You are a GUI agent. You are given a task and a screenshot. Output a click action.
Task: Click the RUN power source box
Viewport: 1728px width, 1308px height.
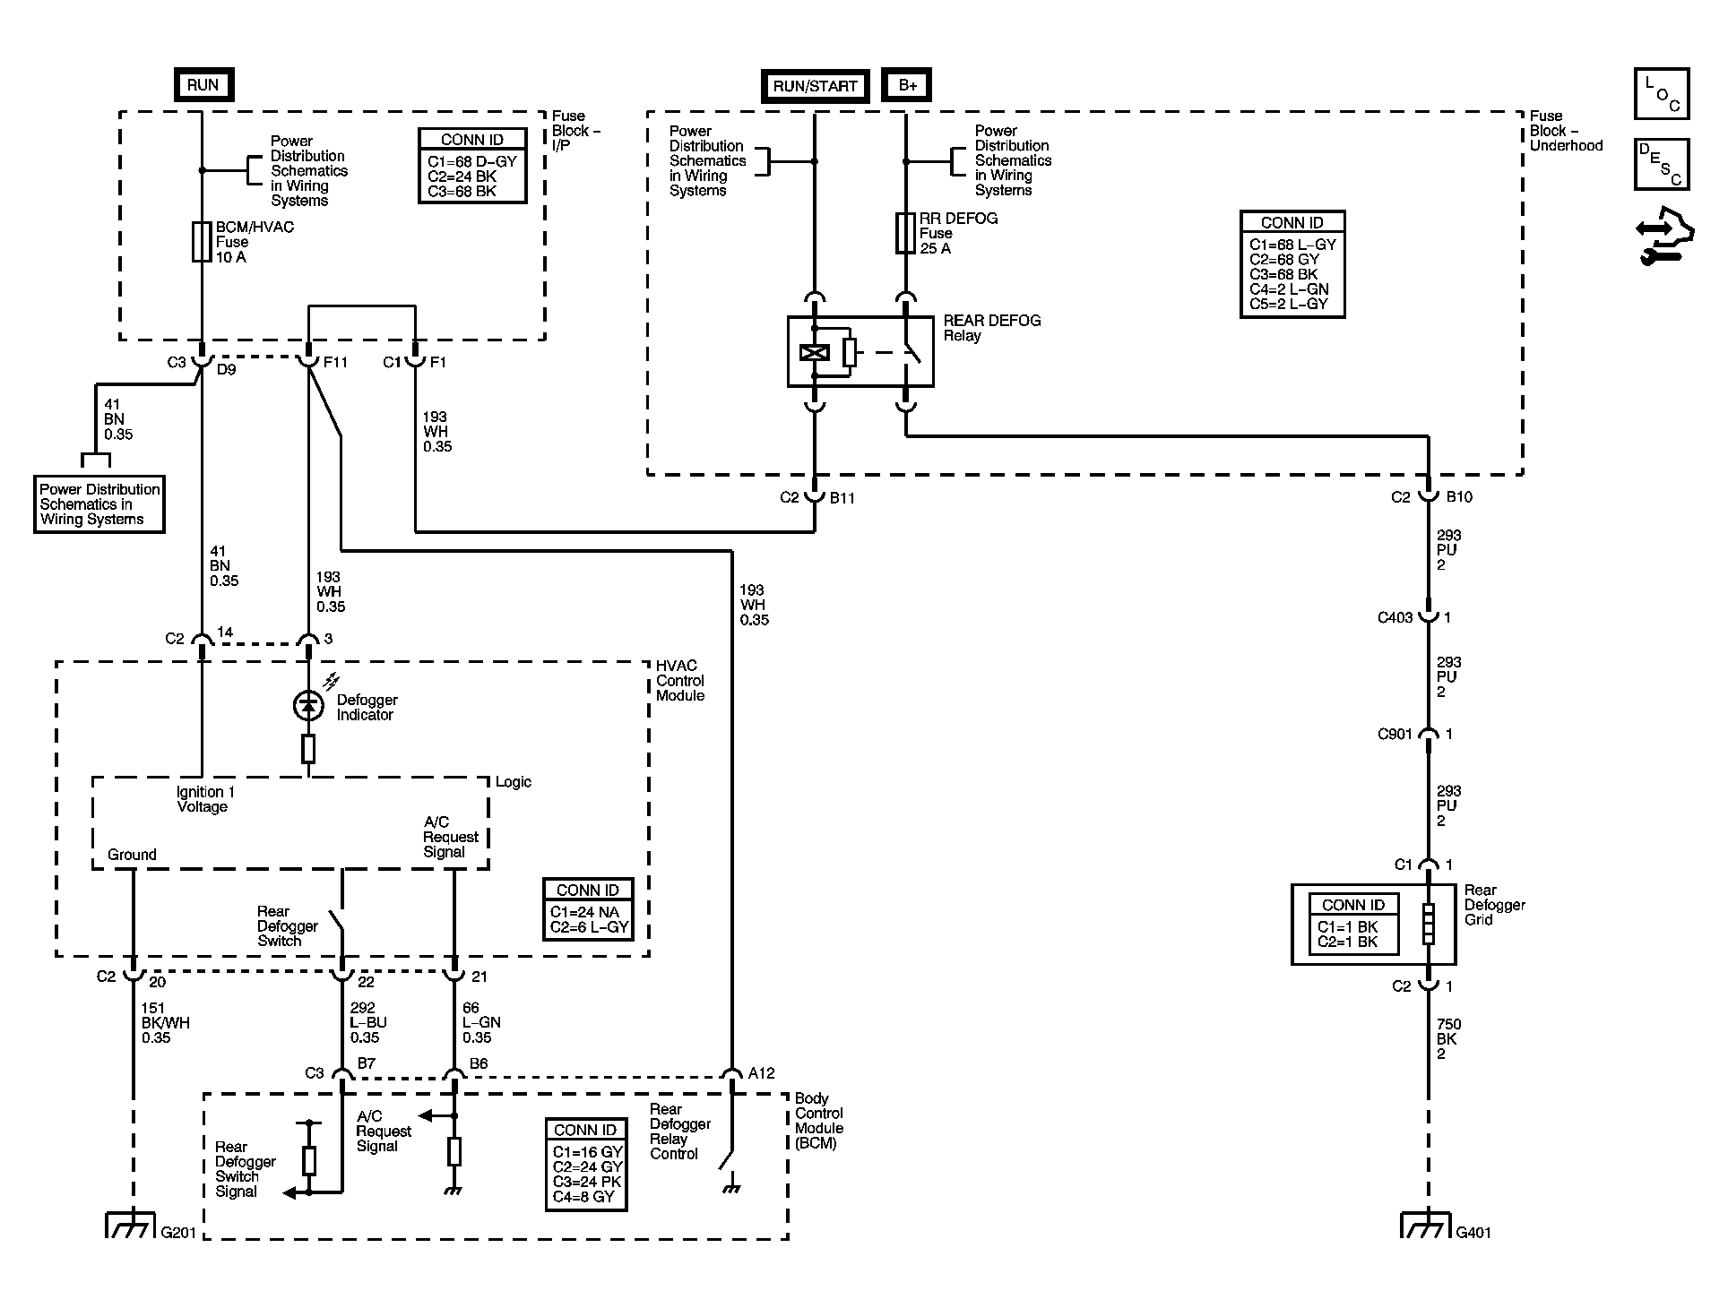tap(203, 85)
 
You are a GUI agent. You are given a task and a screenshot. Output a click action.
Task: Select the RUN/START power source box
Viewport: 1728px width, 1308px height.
tap(816, 86)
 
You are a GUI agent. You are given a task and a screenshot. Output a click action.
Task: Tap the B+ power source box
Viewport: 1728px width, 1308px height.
tap(907, 85)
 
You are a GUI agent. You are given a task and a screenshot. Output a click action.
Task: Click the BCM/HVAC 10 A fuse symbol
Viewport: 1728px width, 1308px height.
tap(202, 242)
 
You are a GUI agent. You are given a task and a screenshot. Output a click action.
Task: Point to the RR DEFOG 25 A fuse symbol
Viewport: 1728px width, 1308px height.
tap(906, 233)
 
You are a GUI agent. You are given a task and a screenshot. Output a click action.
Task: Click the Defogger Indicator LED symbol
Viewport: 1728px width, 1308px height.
tap(308, 706)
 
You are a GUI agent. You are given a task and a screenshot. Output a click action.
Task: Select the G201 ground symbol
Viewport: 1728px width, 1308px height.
tap(133, 1225)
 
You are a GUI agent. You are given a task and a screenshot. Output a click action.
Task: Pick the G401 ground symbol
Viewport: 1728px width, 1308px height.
tap(1427, 1225)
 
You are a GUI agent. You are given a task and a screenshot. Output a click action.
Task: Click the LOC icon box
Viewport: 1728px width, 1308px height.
tap(1662, 94)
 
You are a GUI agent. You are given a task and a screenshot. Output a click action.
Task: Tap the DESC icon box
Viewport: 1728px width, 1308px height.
tap(1662, 165)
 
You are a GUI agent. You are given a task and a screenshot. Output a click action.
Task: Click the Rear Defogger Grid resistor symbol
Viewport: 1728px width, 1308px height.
tap(1428, 924)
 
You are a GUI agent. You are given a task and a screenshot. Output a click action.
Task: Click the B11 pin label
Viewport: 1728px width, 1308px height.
tap(842, 498)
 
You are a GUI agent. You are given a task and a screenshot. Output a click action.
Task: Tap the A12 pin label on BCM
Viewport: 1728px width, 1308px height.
tap(761, 1073)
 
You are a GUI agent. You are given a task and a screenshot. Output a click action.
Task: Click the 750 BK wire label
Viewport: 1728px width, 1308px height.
tap(1447, 1039)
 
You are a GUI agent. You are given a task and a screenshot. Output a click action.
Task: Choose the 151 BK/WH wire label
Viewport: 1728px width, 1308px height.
tap(166, 1023)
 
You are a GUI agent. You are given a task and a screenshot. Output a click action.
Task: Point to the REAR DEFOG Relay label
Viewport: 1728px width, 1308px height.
tap(992, 328)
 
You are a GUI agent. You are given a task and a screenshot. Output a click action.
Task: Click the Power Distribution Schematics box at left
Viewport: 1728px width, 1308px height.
tap(99, 504)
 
